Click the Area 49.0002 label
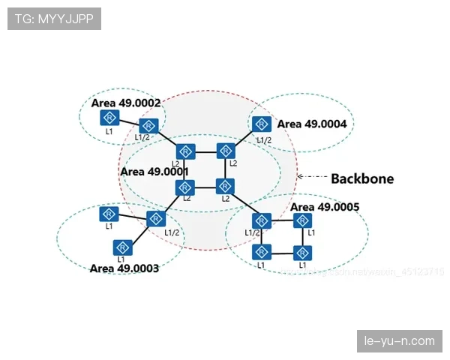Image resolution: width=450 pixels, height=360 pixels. click(x=126, y=102)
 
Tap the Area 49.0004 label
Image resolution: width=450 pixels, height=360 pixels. click(x=312, y=124)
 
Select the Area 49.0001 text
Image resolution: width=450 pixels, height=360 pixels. click(x=155, y=172)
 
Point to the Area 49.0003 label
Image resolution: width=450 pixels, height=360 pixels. click(x=124, y=268)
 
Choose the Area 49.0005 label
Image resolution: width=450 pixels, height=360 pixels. click(x=325, y=207)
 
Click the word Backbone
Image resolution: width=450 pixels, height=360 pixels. click(x=362, y=178)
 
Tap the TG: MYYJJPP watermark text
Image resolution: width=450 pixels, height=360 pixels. click(x=53, y=19)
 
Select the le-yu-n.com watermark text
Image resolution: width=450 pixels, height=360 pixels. click(x=398, y=341)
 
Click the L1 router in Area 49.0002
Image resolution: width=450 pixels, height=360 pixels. click(x=110, y=118)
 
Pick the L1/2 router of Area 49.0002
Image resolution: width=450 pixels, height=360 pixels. click(x=148, y=125)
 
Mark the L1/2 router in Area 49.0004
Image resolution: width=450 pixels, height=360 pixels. click(x=262, y=124)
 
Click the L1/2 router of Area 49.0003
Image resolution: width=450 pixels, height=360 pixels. click(x=156, y=219)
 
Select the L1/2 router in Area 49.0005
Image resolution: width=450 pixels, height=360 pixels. click(x=261, y=220)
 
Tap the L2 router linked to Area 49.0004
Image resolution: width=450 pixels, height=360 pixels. click(x=225, y=151)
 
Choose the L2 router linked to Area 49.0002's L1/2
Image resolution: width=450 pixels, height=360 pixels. click(x=185, y=151)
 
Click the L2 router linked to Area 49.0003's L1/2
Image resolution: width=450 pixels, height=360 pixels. click(x=185, y=187)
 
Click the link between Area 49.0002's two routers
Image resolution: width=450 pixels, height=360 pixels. click(x=129, y=121)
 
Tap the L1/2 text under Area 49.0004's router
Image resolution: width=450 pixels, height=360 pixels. click(x=264, y=139)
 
